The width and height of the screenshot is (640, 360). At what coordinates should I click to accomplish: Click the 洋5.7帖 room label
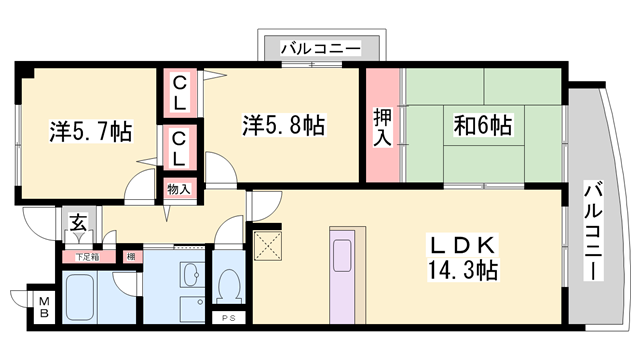pos(91,131)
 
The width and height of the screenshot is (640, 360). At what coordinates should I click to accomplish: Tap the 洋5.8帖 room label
pos(284,125)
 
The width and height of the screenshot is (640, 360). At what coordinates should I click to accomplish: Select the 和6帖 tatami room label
pos(483,125)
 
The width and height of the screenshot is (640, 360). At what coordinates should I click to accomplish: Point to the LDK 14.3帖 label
pos(462,258)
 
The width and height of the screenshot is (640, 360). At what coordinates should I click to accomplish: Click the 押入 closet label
pos(382,127)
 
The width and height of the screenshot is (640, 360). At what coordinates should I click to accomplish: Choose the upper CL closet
pos(180,93)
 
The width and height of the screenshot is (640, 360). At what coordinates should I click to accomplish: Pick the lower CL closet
pos(180,148)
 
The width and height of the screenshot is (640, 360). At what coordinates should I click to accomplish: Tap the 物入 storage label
pos(179,189)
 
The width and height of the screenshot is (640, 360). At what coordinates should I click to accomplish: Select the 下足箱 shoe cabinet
pos(88,257)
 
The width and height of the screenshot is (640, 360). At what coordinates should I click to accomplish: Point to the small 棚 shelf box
pos(132,257)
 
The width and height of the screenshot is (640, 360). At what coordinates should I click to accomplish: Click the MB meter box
pos(44,307)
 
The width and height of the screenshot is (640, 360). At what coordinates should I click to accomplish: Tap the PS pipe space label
pos(229,318)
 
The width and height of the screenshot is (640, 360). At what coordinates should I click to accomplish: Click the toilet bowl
pos(230,286)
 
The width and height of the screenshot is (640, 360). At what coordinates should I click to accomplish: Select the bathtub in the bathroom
pos(80,297)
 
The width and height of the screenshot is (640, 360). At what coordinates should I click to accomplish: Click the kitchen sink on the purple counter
pos(342,255)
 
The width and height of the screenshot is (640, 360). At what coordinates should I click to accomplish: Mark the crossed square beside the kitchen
pos(268,245)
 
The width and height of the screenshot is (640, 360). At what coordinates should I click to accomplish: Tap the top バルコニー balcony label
pos(320,49)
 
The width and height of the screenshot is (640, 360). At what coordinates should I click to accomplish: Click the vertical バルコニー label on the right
pos(593,231)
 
